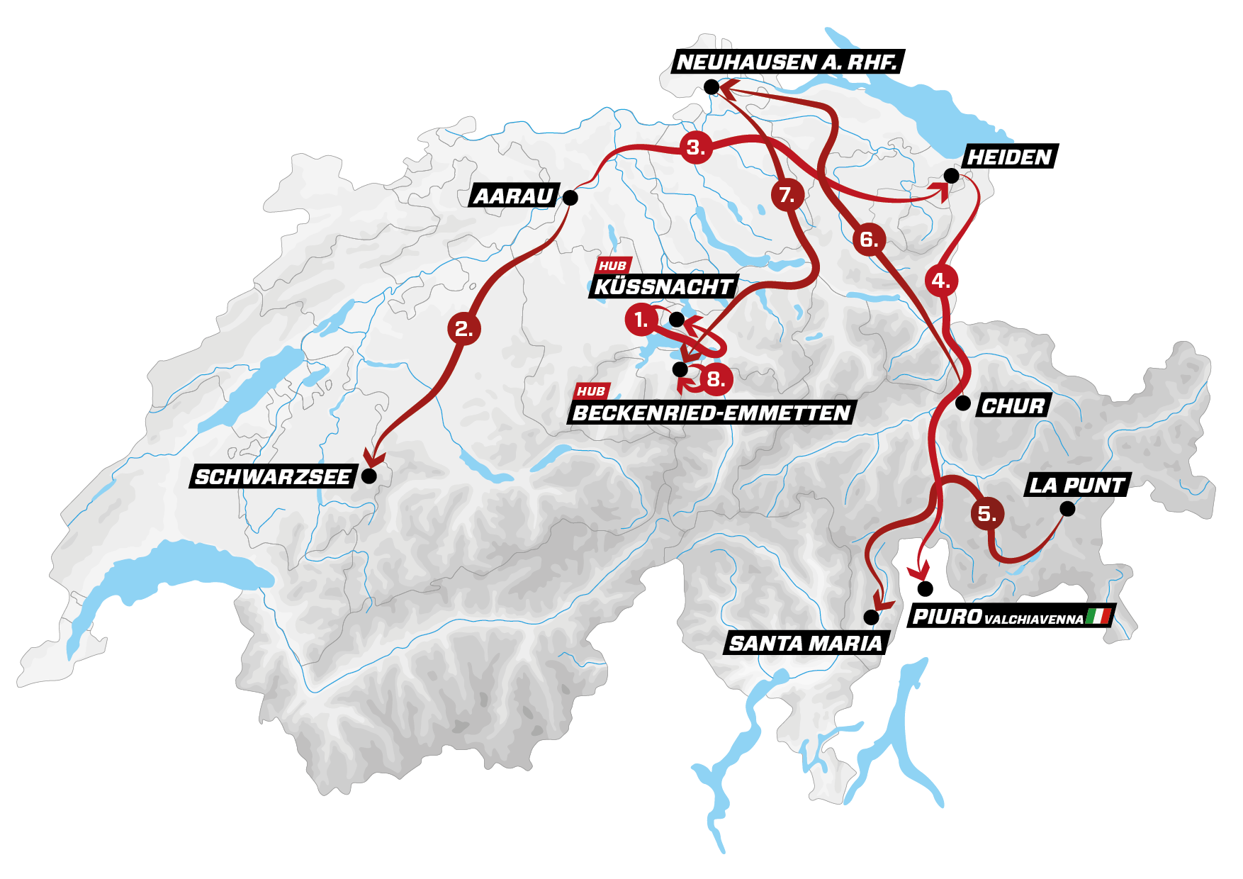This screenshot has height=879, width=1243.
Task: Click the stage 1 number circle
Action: (x=640, y=320)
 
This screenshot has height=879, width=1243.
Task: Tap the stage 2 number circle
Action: (x=464, y=329)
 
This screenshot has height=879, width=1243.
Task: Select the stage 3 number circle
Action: (x=695, y=148)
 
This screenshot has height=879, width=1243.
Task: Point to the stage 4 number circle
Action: (x=940, y=281)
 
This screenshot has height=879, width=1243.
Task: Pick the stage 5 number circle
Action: (x=987, y=513)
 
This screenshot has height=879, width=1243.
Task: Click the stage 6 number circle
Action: (x=869, y=240)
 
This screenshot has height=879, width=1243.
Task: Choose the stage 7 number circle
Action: (x=787, y=195)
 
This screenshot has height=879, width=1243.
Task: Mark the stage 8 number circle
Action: (x=716, y=380)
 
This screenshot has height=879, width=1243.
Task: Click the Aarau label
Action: (x=514, y=196)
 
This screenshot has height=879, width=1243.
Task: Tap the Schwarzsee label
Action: (x=273, y=477)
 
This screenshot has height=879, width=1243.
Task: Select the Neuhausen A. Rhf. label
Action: (x=786, y=62)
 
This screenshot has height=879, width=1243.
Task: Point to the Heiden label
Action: (x=1008, y=157)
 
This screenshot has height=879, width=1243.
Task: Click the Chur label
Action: (x=1013, y=406)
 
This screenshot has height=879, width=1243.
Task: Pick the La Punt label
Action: (x=1076, y=486)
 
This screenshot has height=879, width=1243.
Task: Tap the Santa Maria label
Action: (x=806, y=644)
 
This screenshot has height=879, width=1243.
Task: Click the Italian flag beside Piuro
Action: (x=1098, y=616)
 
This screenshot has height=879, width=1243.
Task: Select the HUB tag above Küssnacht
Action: (x=612, y=266)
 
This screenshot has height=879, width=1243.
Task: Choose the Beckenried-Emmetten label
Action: (x=711, y=413)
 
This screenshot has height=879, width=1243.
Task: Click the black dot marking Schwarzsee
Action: (x=369, y=476)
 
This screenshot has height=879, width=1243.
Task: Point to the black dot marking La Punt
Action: (x=1067, y=509)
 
